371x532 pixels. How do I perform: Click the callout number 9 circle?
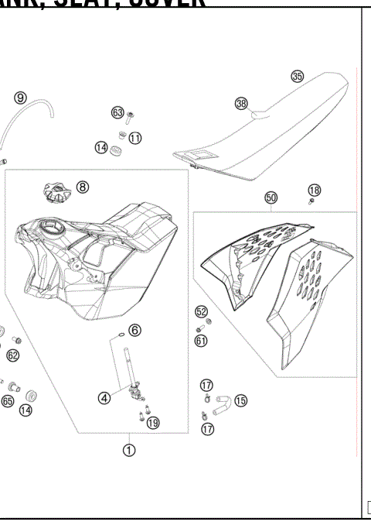point(21,97)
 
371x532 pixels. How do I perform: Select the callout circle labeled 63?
point(117,113)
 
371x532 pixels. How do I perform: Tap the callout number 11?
point(135,138)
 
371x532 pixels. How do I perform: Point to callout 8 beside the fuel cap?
point(83,187)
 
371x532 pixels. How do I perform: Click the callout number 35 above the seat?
point(297,76)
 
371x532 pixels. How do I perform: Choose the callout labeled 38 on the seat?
point(241,103)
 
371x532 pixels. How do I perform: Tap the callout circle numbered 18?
point(314,190)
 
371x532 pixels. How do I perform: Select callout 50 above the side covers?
point(271,198)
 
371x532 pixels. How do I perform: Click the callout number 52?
point(201,311)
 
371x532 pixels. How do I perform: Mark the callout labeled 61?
point(201,339)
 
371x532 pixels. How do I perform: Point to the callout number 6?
point(135,330)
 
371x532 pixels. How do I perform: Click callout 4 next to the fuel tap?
point(104,399)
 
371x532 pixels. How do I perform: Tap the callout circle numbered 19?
point(153,422)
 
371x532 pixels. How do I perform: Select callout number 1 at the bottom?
point(129,449)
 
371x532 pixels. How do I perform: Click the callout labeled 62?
point(12,355)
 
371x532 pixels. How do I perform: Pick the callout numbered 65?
point(7,401)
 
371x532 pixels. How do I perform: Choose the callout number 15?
point(240,400)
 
